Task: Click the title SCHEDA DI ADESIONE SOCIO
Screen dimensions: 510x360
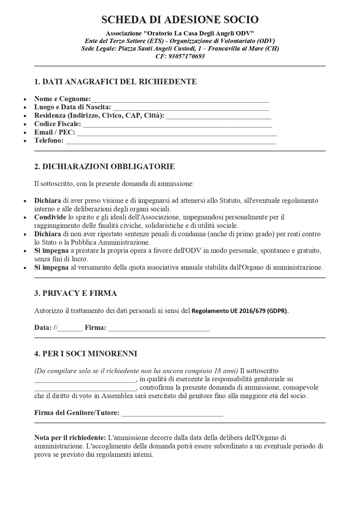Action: [180, 20]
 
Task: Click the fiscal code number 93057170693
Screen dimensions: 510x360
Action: [188, 56]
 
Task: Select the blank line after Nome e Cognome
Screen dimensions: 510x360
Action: [180, 99]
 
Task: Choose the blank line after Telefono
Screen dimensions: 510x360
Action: [170, 141]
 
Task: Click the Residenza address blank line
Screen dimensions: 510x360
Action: [219, 116]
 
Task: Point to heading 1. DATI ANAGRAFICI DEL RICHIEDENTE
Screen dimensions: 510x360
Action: [115, 82]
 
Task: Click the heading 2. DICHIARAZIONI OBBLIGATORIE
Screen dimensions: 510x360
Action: [104, 166]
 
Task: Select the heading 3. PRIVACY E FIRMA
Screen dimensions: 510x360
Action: [76, 293]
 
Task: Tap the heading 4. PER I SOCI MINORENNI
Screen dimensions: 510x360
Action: [86, 353]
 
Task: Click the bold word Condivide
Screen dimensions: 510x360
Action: [50, 217]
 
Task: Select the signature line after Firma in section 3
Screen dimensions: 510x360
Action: [159, 328]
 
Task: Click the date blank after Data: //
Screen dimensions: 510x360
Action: [70, 328]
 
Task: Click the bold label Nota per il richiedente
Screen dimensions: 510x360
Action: [70, 438]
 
